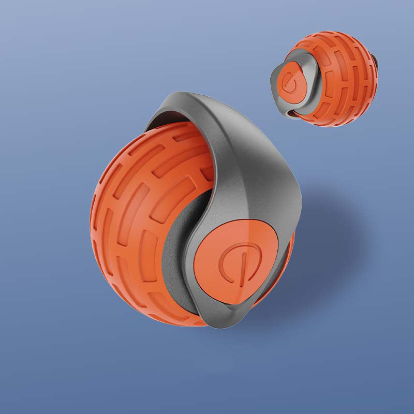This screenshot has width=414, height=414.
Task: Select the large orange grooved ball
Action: click(140, 217)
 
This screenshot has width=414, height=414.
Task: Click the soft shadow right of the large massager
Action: click(331, 233)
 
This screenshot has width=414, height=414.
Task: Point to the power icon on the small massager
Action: click(289, 81)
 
